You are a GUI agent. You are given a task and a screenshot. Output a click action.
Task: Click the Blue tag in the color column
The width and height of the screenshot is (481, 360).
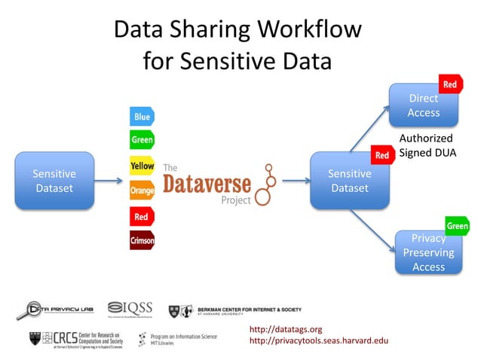[142, 117]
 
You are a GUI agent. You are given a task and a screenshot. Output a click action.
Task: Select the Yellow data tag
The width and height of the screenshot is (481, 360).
[142, 166]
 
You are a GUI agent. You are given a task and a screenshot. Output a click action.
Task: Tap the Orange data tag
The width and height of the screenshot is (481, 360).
[142, 191]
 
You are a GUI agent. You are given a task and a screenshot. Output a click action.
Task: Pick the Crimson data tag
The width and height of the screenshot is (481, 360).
[142, 241]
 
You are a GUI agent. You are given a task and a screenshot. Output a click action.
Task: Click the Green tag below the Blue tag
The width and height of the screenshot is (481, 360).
[142, 140]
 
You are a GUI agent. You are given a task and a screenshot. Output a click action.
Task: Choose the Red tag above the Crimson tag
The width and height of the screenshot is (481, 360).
[141, 217]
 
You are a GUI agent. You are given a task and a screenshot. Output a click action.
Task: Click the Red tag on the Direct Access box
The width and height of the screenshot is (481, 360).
[449, 84]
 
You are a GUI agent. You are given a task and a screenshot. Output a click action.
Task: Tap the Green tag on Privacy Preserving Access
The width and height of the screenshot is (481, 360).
[457, 226]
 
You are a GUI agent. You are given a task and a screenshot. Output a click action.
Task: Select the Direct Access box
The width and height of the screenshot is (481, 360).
[423, 105]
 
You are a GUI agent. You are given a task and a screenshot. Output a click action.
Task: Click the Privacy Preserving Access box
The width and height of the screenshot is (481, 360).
[428, 252]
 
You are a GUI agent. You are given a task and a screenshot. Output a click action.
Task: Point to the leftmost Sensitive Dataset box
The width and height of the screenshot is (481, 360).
[54, 181]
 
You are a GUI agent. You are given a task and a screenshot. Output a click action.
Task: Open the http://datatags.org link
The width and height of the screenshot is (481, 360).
[285, 329]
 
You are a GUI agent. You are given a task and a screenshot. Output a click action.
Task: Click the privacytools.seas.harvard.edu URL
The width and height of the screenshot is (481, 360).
[317, 341]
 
